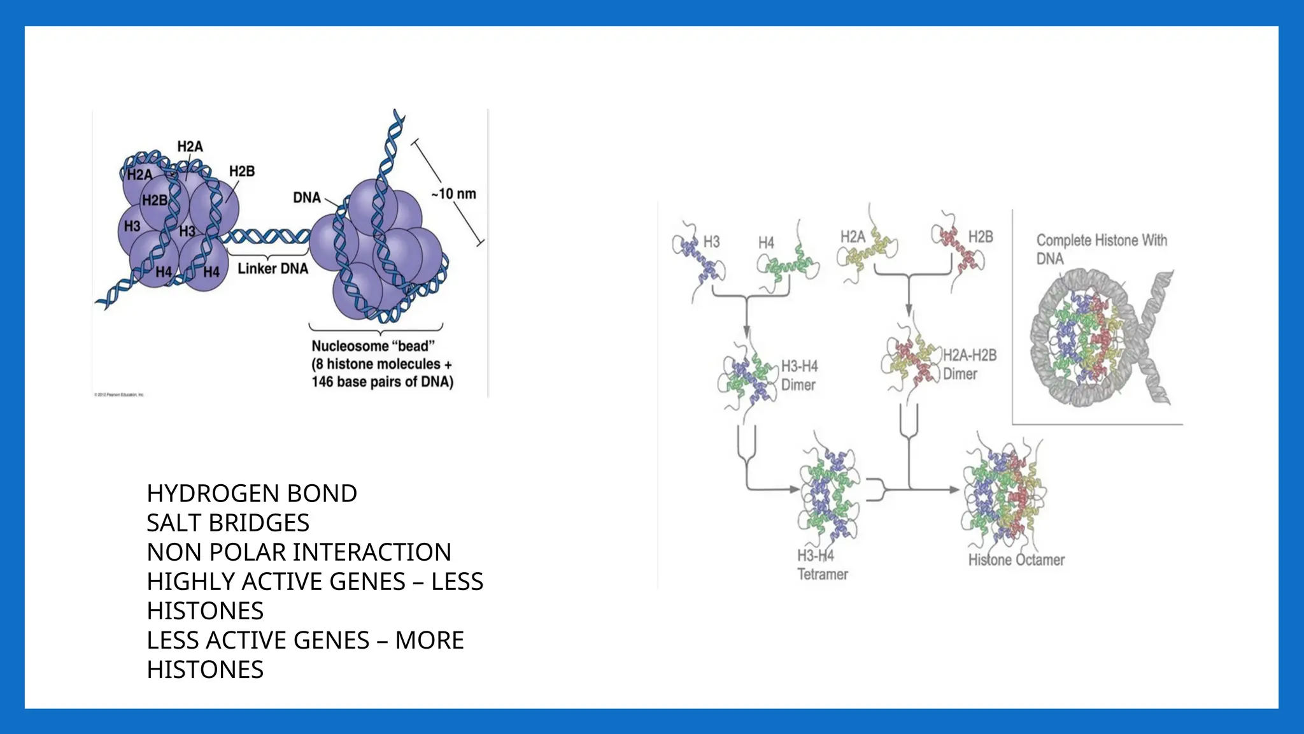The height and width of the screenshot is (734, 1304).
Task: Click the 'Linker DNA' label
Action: [273, 268]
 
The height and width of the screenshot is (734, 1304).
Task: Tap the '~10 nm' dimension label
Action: [453, 194]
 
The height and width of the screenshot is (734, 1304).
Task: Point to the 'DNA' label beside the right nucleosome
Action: [306, 198]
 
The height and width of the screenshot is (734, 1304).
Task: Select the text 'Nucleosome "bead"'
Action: [373, 346]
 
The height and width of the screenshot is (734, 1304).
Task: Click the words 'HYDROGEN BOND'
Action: [252, 493]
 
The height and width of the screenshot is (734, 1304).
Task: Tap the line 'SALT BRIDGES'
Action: [228, 522]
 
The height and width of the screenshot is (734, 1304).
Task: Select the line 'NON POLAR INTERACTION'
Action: [299, 552]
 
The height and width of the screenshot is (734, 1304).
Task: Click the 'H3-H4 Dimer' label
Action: [799, 375]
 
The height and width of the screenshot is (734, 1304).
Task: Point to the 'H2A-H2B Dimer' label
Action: [969, 364]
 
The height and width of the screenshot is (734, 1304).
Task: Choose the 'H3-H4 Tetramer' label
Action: [822, 565]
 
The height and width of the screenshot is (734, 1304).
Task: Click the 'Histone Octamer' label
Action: [1016, 560]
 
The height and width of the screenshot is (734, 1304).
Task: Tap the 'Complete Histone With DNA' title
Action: [1101, 249]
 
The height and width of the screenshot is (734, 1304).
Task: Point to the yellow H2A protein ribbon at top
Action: [867, 255]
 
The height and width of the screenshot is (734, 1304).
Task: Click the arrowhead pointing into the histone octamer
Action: [954, 490]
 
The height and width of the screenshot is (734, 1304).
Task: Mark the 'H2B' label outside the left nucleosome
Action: [241, 171]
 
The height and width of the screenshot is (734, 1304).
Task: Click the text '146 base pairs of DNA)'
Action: [382, 382]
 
